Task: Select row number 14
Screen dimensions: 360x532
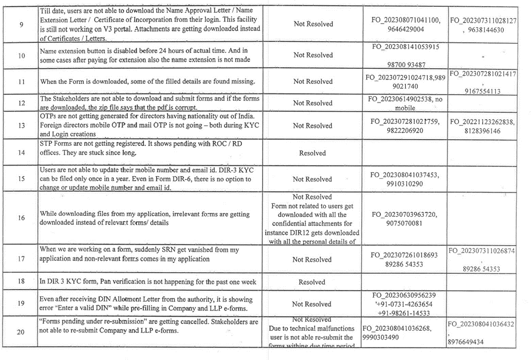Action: pos(21,152)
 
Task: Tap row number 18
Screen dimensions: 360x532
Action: pos(21,281)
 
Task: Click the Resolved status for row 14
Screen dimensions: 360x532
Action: pos(313,153)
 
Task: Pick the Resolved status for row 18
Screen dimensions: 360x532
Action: pos(312,282)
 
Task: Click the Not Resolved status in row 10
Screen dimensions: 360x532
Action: pos(313,55)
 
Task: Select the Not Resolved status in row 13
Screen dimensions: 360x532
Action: pos(313,126)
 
